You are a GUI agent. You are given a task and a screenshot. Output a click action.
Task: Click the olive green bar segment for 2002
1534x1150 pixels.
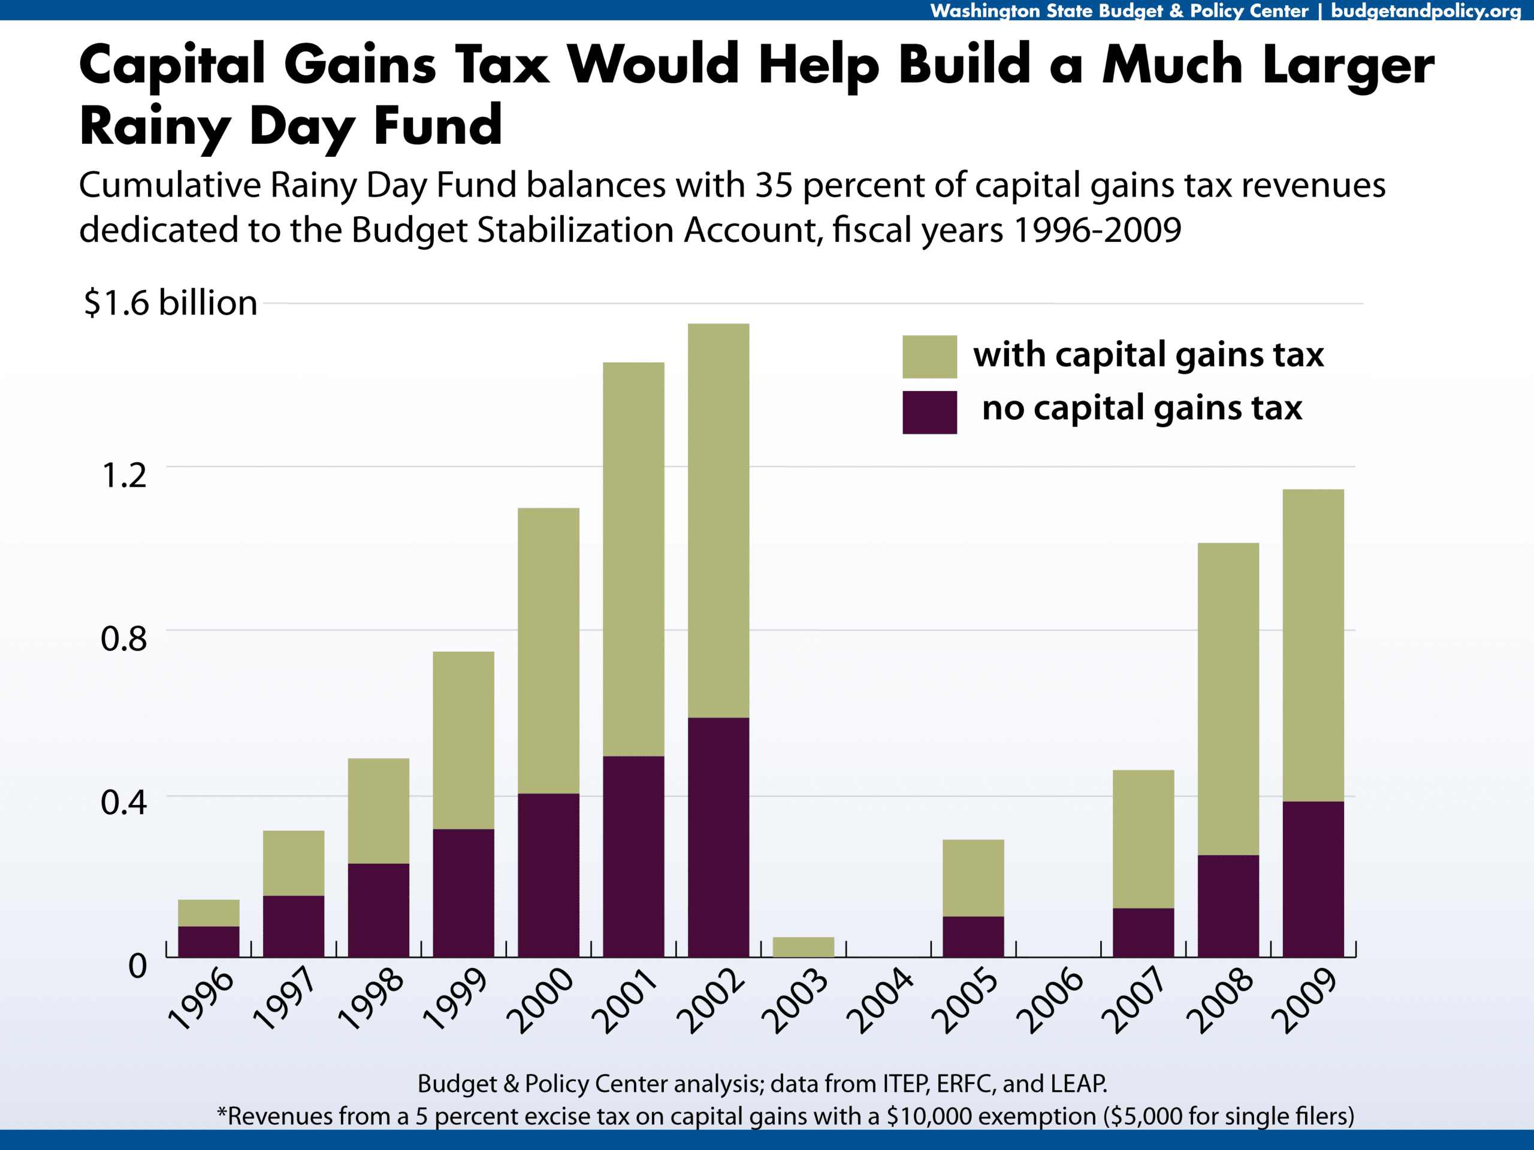(718, 520)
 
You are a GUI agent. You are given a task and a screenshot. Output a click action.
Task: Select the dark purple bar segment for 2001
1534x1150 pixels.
(633, 856)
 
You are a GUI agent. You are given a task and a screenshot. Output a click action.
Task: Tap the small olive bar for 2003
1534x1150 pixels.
(803, 947)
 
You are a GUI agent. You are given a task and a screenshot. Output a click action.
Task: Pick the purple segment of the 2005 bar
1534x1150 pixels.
(973, 937)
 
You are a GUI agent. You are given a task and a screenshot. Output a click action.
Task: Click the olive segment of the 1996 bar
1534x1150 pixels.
(208, 913)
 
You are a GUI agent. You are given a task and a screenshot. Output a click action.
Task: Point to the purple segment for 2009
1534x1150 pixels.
(1313, 879)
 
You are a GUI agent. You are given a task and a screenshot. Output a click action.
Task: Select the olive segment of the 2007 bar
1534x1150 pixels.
(1143, 839)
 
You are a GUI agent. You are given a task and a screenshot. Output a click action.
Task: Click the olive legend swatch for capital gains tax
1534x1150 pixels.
(929, 357)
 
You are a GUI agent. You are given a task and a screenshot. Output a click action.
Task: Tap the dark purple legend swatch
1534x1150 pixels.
(929, 413)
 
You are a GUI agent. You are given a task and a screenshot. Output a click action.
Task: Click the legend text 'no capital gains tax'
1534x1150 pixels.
(1142, 408)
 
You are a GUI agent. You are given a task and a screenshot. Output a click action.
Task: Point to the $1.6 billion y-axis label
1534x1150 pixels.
(171, 303)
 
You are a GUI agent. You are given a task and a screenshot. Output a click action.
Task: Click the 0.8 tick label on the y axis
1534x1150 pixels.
(123, 638)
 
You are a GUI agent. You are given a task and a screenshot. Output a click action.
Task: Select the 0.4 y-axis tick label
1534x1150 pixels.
(123, 802)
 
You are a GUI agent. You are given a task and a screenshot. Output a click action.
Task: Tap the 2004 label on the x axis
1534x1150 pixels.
(879, 1000)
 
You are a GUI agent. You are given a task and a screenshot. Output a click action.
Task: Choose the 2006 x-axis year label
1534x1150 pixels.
(1049, 1000)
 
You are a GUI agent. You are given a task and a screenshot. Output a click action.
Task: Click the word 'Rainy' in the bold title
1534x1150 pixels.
(154, 127)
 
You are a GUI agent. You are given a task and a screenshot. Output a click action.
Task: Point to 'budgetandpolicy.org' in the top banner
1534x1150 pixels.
(1425, 10)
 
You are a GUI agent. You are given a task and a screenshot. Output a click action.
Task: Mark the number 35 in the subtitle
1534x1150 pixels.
(774, 186)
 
